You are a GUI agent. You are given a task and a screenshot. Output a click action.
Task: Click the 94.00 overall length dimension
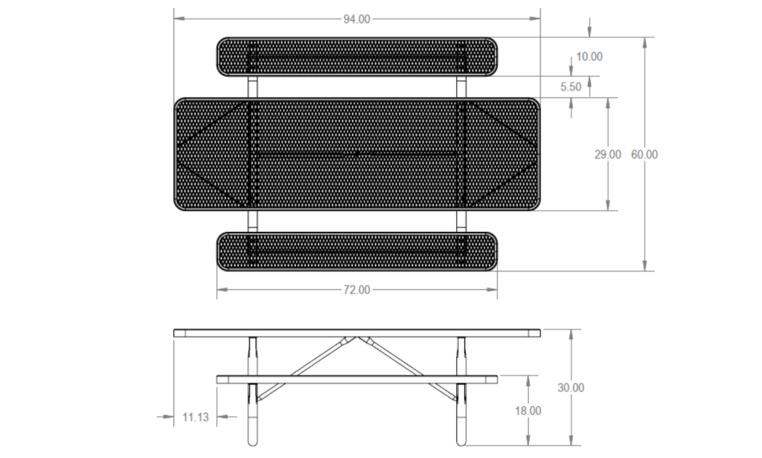click(356, 19)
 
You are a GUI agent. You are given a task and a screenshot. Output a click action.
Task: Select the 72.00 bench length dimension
click(356, 290)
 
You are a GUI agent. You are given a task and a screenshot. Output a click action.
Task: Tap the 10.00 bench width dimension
click(589, 57)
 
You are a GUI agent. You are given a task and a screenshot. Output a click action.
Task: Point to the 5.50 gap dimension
click(571, 87)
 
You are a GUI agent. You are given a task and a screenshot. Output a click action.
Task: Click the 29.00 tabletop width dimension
click(607, 155)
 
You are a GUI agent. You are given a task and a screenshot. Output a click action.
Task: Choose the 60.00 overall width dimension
click(644, 155)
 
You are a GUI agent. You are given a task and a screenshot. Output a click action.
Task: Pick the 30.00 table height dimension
click(571, 387)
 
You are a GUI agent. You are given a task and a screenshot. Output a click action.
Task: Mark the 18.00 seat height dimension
click(528, 411)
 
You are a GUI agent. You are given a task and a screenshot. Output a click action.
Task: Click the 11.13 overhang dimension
click(196, 417)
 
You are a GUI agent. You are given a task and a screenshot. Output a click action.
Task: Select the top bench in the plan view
click(356, 57)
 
